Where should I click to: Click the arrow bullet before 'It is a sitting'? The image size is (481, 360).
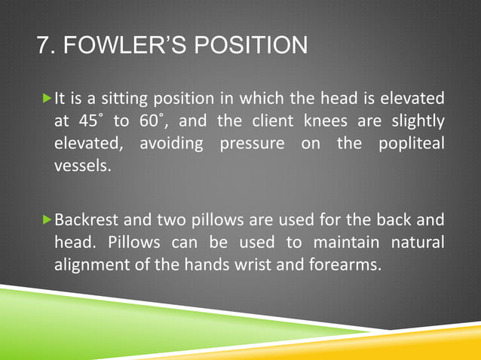(47, 99)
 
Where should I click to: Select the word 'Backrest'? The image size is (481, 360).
(84, 222)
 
